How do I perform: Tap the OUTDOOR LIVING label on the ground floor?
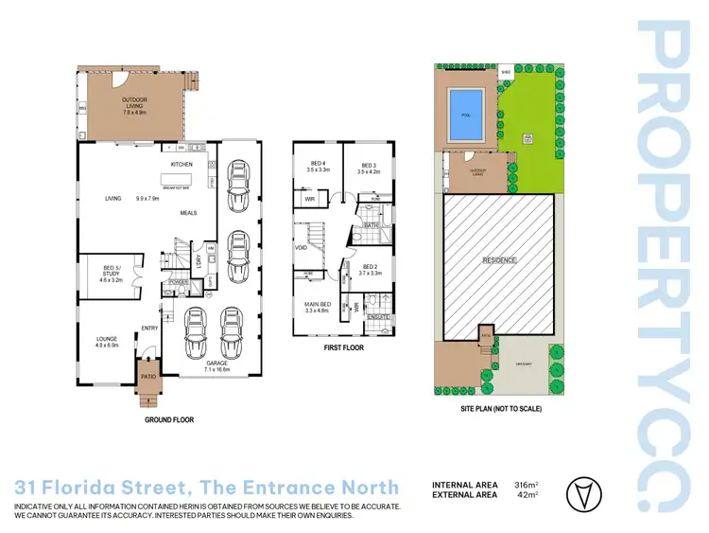[x=134, y=101]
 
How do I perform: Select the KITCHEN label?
[x=182, y=165]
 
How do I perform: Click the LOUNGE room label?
[x=106, y=340]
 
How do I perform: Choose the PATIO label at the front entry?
[x=147, y=377]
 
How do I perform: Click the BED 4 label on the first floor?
[x=317, y=165]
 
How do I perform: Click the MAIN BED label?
[x=316, y=305]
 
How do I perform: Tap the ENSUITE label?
[x=378, y=317]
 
